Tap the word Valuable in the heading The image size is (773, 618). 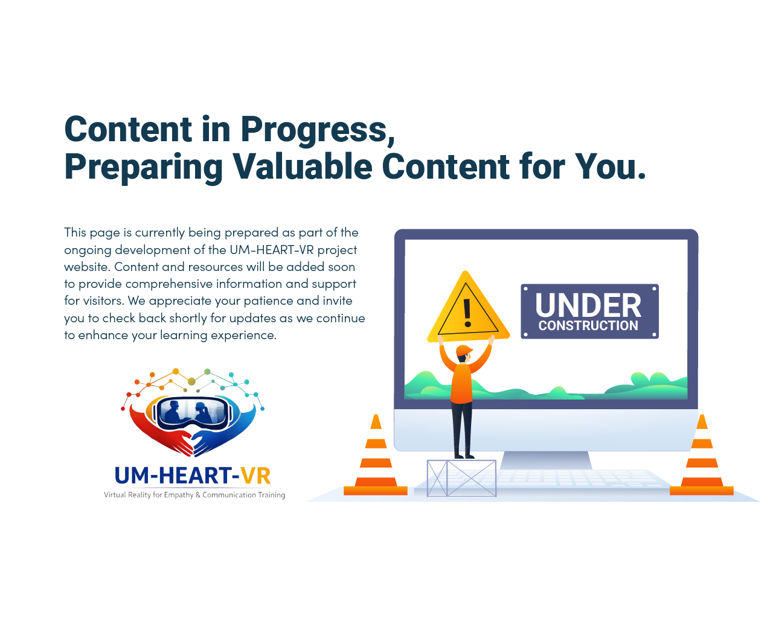coord(303,166)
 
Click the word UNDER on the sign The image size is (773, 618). coord(588,305)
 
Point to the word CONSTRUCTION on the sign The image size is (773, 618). coord(588,326)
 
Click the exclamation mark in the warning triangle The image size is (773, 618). coord(467,313)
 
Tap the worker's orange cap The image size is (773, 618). coord(464,351)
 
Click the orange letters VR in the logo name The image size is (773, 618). coord(255,476)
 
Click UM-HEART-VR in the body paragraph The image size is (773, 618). coord(272,250)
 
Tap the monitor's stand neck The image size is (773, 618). coord(546,460)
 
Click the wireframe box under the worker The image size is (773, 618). coord(461,479)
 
